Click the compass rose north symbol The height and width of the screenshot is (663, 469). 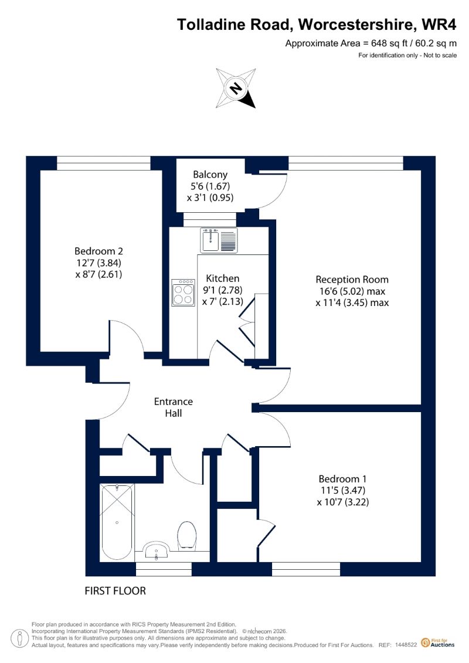236,88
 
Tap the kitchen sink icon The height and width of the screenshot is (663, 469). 219,240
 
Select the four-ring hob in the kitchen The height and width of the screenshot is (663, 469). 183,293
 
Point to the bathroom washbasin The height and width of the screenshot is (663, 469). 157,552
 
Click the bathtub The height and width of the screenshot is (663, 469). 117,523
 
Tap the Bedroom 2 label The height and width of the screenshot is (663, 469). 98,263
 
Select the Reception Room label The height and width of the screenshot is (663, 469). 352,291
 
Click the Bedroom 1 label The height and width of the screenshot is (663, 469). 342,491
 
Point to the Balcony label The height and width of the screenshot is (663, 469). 210,186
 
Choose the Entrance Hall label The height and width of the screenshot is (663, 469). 174,407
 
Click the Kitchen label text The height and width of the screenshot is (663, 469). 222,278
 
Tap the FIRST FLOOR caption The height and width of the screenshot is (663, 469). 115,591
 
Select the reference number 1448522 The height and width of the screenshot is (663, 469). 406,645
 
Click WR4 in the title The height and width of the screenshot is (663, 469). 439,25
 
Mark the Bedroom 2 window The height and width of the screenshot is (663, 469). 104,163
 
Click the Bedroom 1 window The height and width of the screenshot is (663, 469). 306,569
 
